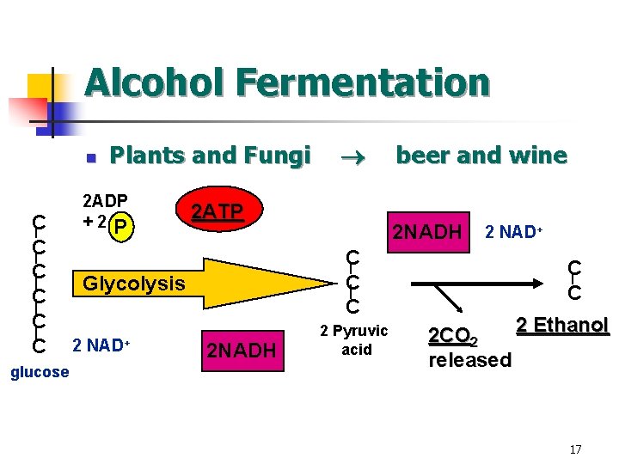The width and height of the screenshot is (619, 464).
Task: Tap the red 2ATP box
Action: click(216, 211)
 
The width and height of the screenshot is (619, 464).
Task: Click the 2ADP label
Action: click(104, 203)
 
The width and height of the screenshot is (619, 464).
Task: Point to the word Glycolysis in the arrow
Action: click(133, 283)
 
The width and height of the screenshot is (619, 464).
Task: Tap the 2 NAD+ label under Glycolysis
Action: click(101, 345)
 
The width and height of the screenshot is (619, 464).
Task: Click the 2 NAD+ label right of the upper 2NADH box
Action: click(518, 232)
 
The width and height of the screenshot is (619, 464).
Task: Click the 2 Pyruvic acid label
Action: click(354, 340)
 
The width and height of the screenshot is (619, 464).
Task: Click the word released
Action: click(469, 359)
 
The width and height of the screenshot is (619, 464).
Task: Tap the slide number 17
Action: click(575, 449)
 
